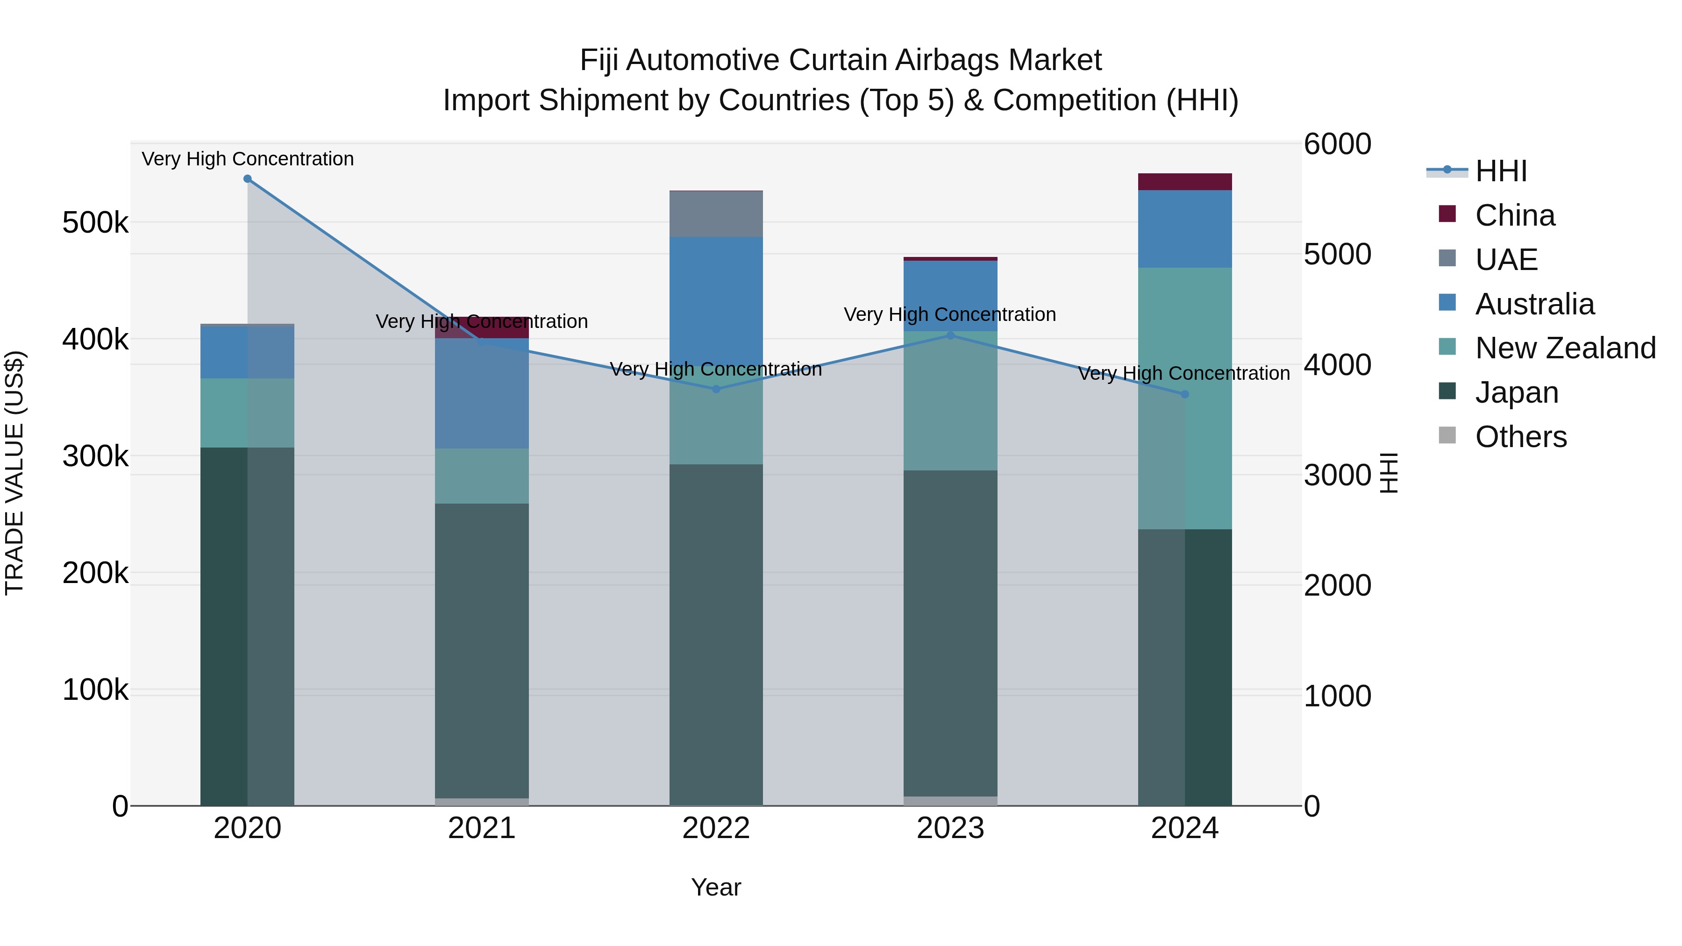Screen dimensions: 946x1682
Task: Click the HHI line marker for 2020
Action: coord(248,179)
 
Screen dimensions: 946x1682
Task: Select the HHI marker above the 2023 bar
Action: coord(950,335)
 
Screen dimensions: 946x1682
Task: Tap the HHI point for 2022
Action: coord(716,389)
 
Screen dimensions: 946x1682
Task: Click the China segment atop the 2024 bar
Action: coord(1184,182)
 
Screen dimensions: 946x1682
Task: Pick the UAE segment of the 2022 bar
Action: coord(716,214)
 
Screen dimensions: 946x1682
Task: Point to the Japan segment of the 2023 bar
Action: coord(950,633)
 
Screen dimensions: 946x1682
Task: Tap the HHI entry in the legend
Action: coord(1500,171)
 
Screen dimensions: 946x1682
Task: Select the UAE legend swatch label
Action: coord(1506,260)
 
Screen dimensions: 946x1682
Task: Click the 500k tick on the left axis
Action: coord(95,223)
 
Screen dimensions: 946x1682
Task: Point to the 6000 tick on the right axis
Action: coord(1337,144)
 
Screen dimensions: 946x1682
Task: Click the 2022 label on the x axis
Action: coord(716,828)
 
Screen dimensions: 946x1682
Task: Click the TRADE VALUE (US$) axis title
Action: coord(14,473)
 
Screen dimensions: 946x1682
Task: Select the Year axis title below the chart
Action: coord(716,887)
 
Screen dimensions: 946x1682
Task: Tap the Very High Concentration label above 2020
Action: coord(248,159)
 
